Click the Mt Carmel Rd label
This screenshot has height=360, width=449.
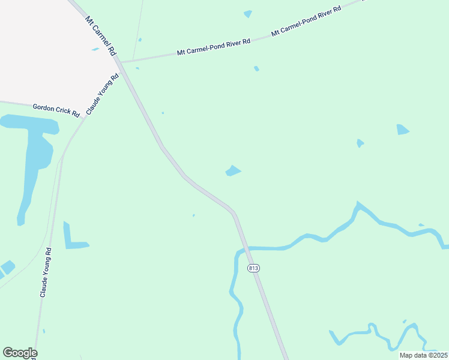[100, 37]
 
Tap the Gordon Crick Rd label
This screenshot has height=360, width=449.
[56, 110]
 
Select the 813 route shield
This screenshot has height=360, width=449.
[253, 268]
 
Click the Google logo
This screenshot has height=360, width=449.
[20, 353]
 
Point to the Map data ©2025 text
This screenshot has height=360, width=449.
[424, 355]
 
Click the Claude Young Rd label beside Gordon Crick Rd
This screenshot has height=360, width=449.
[103, 94]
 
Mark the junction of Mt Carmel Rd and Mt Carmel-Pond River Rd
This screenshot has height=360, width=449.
[119, 61]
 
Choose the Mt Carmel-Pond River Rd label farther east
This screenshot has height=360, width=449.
[306, 22]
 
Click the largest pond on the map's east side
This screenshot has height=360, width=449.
[402, 130]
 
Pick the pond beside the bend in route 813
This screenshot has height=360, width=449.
[233, 171]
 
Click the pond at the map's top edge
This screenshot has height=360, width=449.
[248, 13]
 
